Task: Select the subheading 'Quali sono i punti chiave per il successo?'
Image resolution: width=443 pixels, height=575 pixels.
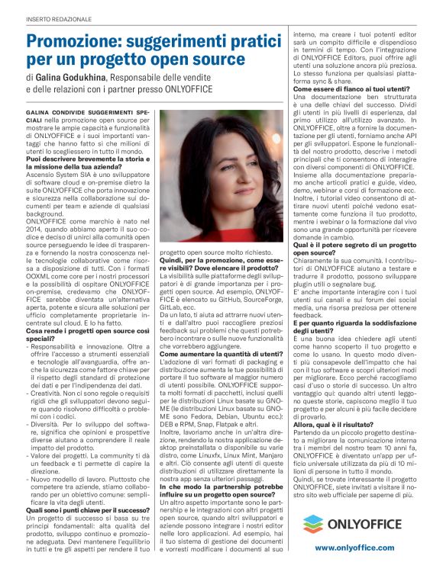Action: tap(88, 489)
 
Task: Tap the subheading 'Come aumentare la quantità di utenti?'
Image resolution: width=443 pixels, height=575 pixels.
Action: tap(218, 353)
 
